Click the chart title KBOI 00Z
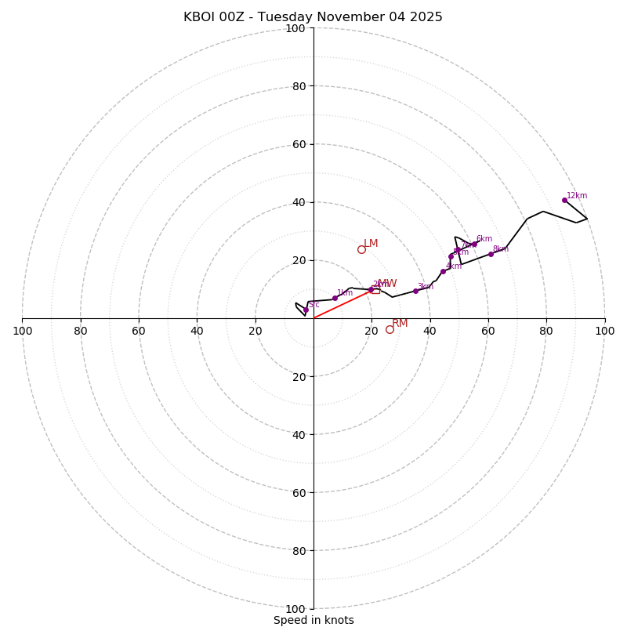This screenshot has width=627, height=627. tap(313, 17)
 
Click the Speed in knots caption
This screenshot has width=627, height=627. tap(313, 620)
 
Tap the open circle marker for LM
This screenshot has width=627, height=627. tap(361, 250)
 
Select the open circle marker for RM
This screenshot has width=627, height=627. tap(390, 329)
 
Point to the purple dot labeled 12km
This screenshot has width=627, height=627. tap(564, 200)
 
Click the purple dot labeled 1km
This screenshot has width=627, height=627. tap(335, 298)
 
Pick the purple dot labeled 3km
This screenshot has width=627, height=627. tap(415, 291)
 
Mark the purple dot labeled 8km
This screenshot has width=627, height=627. tap(491, 254)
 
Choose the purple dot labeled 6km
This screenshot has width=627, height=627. tap(474, 244)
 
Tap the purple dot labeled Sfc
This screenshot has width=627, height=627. tap(306, 310)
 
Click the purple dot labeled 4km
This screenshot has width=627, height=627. tap(443, 271)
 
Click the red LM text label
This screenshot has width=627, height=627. tap(371, 244)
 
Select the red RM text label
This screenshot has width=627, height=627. tap(400, 323)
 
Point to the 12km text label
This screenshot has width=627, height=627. tap(577, 196)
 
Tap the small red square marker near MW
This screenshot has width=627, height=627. tap(376, 290)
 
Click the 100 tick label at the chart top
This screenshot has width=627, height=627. tap(295, 29)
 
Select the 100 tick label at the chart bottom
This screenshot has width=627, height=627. tap(295, 609)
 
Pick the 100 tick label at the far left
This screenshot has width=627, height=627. tap(22, 331)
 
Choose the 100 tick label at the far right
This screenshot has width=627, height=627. tap(604, 331)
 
